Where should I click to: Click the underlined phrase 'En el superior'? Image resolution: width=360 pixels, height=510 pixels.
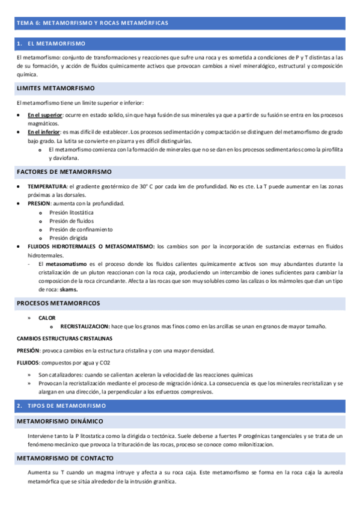[x=45, y=114]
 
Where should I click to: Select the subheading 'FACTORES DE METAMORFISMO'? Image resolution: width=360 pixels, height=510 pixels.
[x=60, y=171]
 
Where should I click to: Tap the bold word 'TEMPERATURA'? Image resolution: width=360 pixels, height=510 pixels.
[x=47, y=186]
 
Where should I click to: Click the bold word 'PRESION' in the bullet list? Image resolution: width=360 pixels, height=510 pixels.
[x=39, y=203]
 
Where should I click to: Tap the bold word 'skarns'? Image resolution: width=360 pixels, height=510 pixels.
[x=69, y=289]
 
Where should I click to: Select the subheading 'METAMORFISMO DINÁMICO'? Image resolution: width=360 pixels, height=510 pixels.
[x=59, y=404]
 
